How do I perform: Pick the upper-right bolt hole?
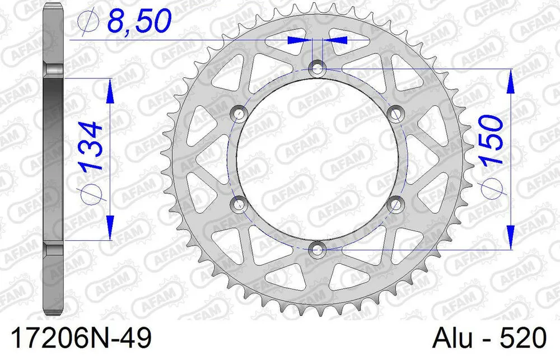[x=396, y=114]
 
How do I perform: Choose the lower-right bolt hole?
[x=396, y=202]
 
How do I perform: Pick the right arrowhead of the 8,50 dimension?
[x=339, y=40]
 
